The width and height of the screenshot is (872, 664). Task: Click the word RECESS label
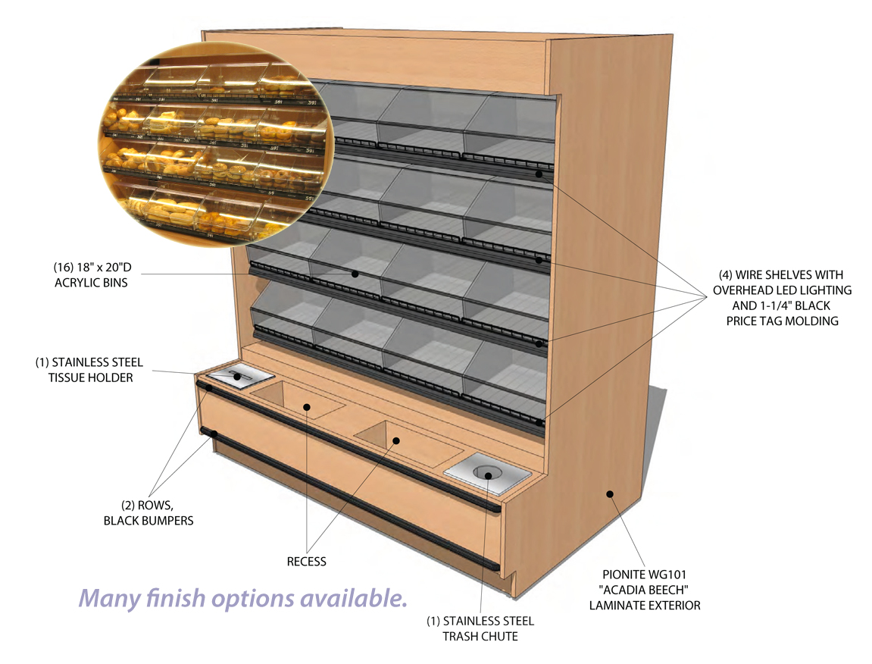[306, 562]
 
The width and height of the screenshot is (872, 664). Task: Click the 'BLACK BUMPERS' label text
[148, 520]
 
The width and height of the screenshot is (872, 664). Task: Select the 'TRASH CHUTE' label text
[480, 636]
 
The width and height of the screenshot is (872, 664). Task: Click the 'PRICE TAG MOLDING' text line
[781, 321]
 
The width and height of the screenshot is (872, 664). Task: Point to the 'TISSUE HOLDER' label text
[89, 377]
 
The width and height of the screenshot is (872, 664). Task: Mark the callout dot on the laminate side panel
[610, 494]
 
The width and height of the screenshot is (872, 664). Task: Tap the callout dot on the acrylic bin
[355, 273]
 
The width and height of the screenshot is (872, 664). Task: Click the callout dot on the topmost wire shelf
[539, 174]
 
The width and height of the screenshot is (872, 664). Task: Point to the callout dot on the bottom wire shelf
[539, 421]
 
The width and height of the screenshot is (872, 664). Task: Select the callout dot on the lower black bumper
[214, 434]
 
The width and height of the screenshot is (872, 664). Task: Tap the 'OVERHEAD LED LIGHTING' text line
[782, 290]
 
